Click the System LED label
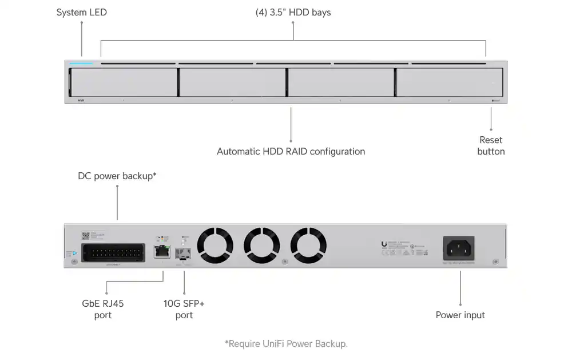81,12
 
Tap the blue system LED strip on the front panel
81,64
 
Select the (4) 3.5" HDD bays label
293,12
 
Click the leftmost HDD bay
123,83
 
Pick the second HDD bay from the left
232,83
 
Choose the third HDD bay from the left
340,83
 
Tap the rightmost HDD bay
450,83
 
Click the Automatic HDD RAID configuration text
291,152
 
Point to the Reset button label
491,145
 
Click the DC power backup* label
117,176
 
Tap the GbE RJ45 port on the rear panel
162,250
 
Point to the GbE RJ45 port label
103,309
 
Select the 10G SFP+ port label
184,309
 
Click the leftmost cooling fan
215,246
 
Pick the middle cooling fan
261,246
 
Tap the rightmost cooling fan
308,246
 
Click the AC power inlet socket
459,248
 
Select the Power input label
460,315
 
